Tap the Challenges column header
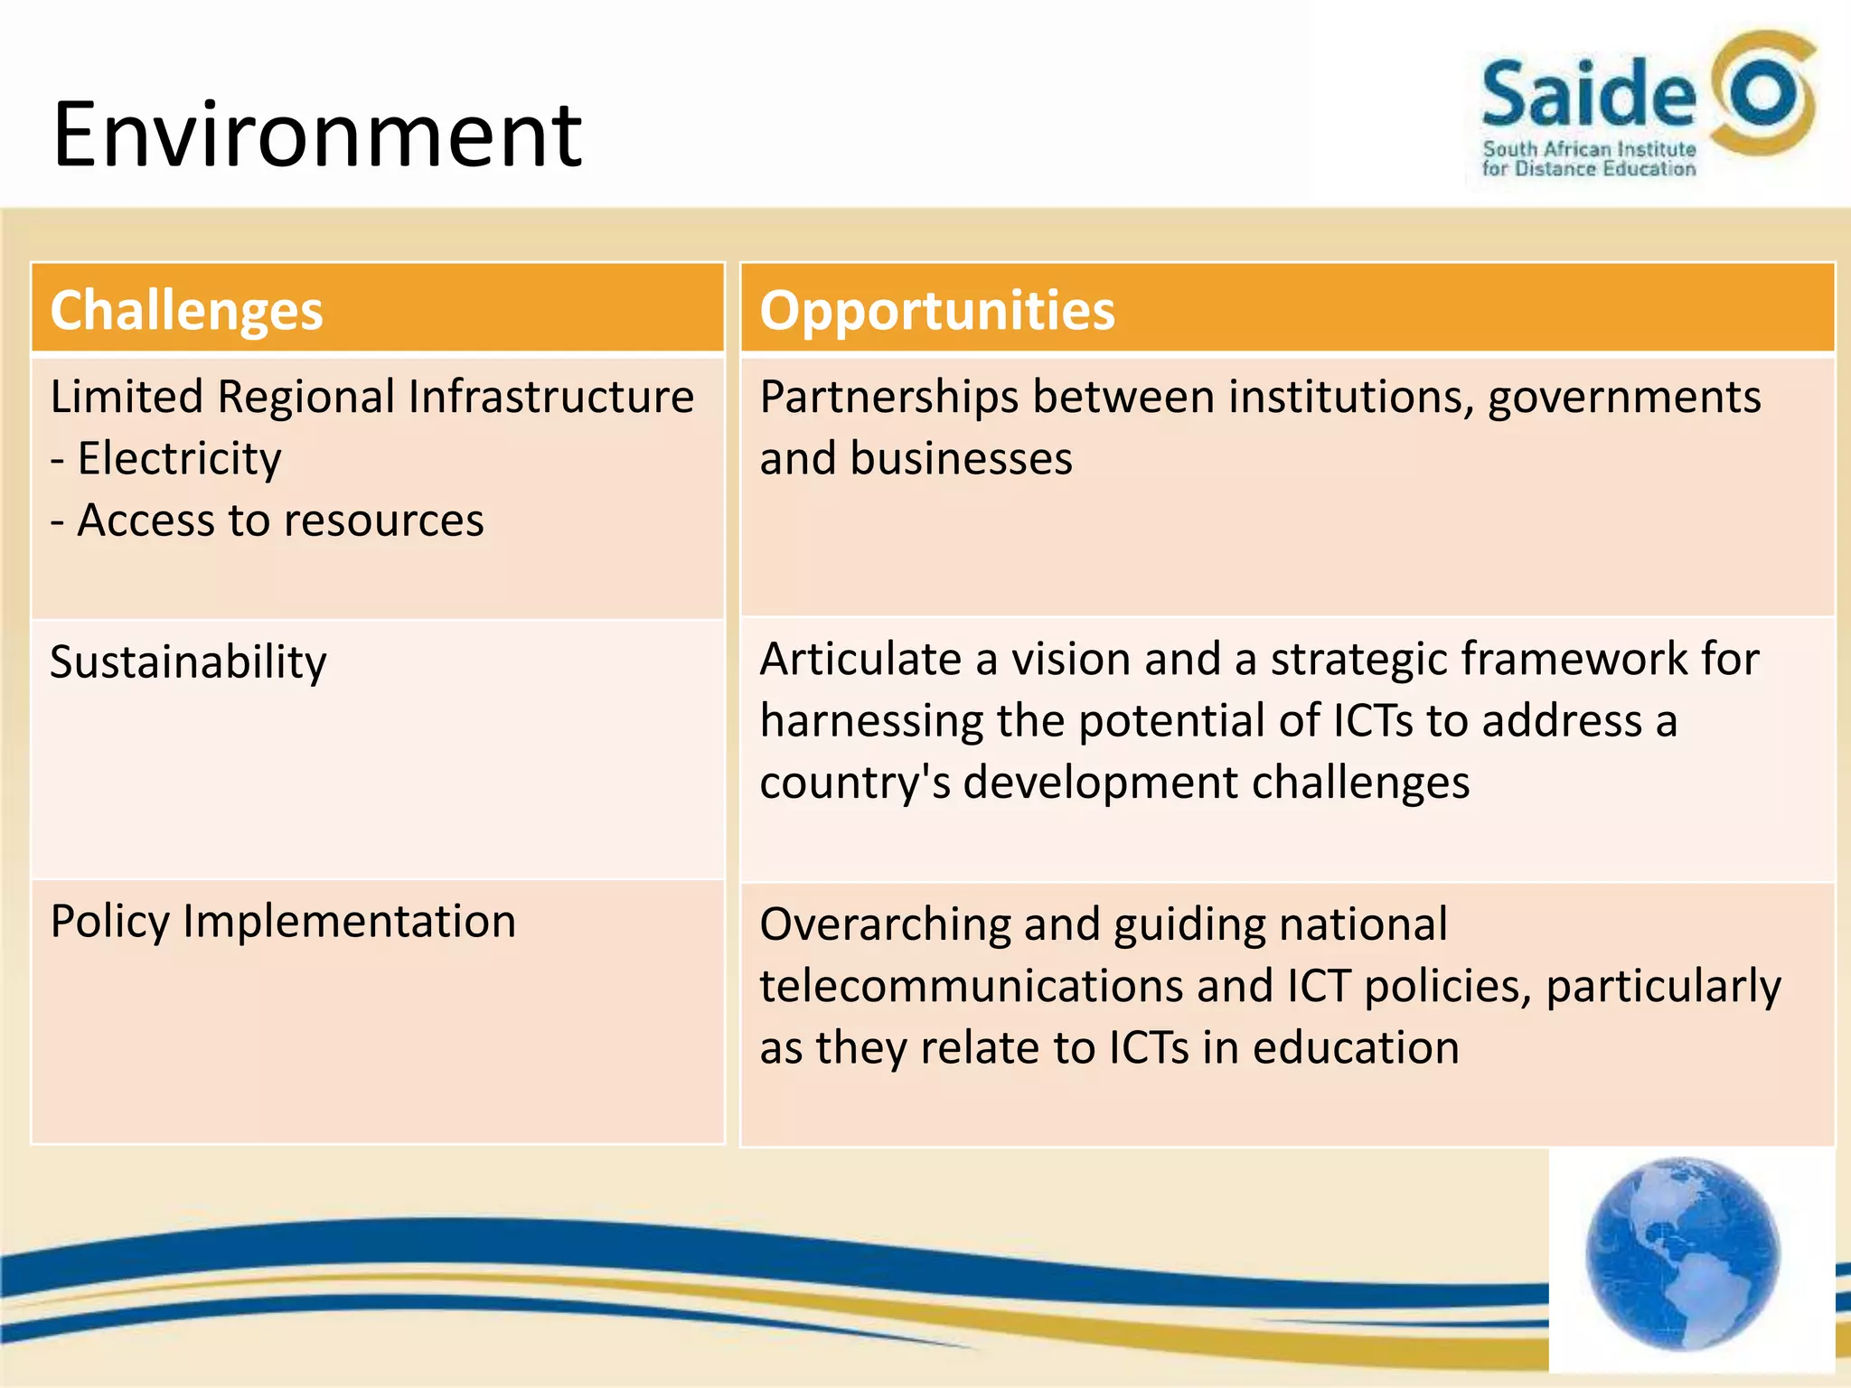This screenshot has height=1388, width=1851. [186, 310]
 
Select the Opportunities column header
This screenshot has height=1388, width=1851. [937, 310]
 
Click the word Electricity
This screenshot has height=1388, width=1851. [179, 458]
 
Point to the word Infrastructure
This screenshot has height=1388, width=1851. [551, 397]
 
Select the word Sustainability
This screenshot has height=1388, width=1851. [188, 662]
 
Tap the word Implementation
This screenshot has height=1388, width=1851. [349, 922]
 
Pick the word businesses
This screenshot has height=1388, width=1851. [961, 458]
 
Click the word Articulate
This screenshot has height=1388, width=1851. [860, 659]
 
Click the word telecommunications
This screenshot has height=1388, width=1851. [971, 986]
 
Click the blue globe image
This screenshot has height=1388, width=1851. [1682, 1255]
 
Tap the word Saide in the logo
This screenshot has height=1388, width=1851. [1589, 94]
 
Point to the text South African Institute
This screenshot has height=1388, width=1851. [1589, 149]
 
